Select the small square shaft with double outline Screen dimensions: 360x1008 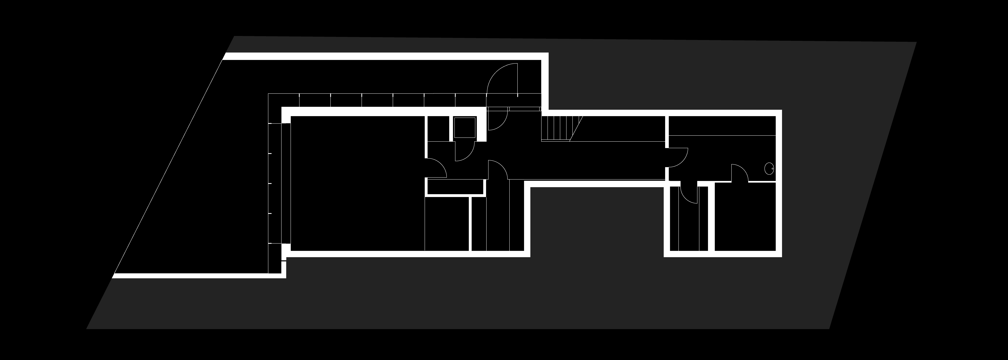464,128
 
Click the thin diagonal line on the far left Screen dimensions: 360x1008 168,166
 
